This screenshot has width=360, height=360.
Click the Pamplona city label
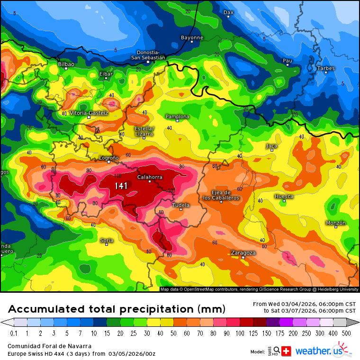tap(177, 117)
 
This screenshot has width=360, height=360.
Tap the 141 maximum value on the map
tap(121, 186)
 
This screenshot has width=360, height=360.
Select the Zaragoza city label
tap(243, 252)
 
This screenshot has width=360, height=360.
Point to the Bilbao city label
tap(66, 64)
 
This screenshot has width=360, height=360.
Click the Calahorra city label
tap(150, 177)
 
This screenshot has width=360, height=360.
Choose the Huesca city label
tap(284, 196)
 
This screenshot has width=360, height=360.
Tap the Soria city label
tap(107, 241)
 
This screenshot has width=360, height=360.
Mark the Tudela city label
tap(180, 205)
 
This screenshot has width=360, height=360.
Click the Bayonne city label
tap(192, 37)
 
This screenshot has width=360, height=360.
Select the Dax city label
tap(228, 12)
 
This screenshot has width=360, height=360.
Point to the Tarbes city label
tap(326, 68)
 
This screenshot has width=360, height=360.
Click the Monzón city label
tap(336, 223)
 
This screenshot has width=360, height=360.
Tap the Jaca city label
tap(271, 146)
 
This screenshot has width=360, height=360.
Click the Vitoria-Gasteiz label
tap(89, 113)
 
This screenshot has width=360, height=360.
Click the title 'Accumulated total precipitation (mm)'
tap(116, 309)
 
